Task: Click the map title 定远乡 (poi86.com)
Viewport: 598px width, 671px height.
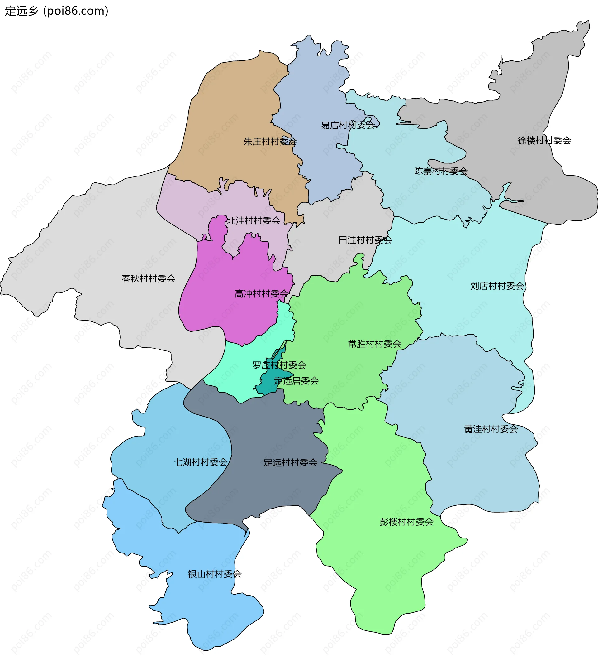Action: [x=56, y=11]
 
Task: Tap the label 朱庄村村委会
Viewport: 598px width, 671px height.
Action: [x=270, y=142]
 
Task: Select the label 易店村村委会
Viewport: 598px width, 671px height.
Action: [x=348, y=125]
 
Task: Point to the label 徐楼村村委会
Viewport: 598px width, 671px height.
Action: [x=544, y=140]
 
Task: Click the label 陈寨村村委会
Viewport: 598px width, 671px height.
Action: [x=441, y=171]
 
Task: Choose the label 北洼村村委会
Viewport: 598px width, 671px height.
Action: [x=254, y=221]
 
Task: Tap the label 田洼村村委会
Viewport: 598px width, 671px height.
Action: [x=365, y=240]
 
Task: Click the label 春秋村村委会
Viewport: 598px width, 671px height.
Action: [x=149, y=279]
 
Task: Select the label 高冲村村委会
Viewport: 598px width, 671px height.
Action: [x=262, y=294]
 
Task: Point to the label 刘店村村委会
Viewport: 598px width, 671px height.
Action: [x=497, y=286]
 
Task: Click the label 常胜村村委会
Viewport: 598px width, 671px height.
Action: [x=375, y=344]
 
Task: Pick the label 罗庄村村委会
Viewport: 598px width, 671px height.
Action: [x=279, y=365]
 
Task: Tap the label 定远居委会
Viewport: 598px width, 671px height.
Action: [x=297, y=381]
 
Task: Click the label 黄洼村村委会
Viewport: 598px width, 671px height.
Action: [x=491, y=429]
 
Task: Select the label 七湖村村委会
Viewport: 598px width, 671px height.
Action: [x=201, y=462]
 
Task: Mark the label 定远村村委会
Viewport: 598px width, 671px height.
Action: [x=291, y=463]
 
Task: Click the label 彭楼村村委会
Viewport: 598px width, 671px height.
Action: [x=406, y=522]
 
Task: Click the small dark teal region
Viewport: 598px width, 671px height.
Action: [x=268, y=385]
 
